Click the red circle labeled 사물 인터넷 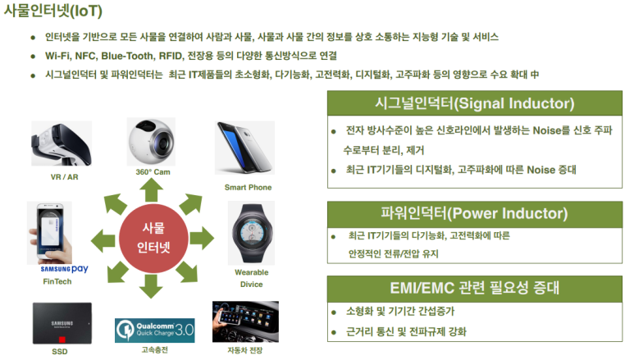click(x=153, y=239)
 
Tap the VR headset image click(x=62, y=144)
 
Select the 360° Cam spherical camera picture click(x=151, y=142)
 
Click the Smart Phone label click(x=248, y=187)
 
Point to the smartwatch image click(x=251, y=233)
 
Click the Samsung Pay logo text click(x=64, y=269)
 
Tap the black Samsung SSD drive click(x=62, y=323)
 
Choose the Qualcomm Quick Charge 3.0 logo click(x=154, y=330)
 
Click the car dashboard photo click(x=245, y=321)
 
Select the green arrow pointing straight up click(x=151, y=190)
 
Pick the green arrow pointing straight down click(x=151, y=286)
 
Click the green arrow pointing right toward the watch click(x=202, y=239)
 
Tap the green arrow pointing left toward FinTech click(x=103, y=240)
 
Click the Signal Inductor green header click(x=475, y=103)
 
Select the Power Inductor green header click(x=475, y=213)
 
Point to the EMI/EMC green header click(x=475, y=289)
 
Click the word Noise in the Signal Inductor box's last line click(x=540, y=170)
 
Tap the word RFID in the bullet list click(x=171, y=56)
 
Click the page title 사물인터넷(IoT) click(x=53, y=11)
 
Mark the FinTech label click(x=57, y=281)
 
